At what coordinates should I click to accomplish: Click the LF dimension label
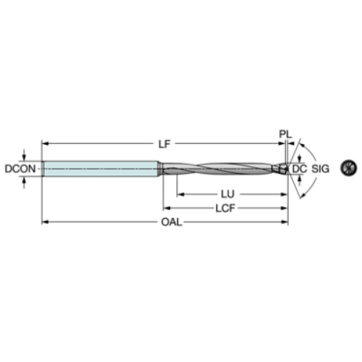pos(164,144)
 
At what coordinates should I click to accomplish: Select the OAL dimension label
pos(171,222)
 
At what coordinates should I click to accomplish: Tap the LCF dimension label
pos(225,208)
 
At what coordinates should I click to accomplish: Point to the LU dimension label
pos(228,194)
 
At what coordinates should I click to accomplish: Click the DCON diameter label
pos(21,169)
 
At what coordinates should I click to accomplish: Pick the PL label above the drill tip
pos(285,134)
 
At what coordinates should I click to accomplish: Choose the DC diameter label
pos(299,169)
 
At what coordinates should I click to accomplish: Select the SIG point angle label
pos(320,169)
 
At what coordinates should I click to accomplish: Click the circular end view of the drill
pos(349,168)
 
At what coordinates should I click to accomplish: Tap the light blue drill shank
pos(100,168)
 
